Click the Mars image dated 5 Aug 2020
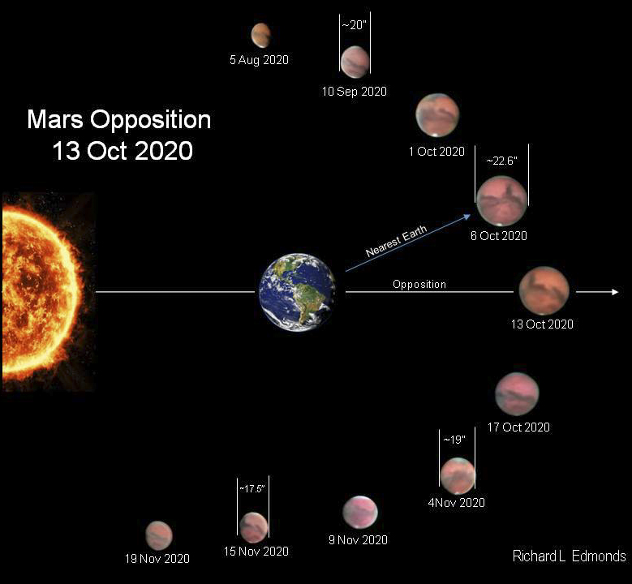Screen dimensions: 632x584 260,36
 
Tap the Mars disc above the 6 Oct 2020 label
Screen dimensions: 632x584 502,201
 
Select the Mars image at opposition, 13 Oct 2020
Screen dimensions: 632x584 544,290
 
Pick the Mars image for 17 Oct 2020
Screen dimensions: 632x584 517,394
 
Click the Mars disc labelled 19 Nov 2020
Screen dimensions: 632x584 159,535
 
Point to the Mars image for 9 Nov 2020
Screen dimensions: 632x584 360,512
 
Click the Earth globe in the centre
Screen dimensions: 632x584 298,292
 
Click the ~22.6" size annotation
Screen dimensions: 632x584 502,161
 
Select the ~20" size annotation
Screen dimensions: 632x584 355,25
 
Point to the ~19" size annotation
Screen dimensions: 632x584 454,440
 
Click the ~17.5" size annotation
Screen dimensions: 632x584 252,489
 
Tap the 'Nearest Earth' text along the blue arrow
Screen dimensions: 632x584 396,241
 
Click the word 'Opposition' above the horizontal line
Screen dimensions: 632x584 419,284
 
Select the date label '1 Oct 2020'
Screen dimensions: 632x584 436,152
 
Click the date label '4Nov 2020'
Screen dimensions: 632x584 456,503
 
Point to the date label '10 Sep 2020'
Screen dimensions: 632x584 355,92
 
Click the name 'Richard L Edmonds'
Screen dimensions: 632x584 569,556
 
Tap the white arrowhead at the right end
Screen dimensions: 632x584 615,292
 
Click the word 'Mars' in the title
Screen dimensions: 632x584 55,119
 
